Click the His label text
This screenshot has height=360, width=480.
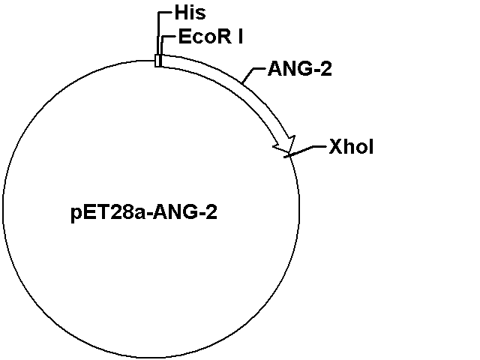(190, 13)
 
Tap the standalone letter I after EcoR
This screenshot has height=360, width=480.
(241, 37)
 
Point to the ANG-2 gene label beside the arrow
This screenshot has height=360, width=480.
(300, 68)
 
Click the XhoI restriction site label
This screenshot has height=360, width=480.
(351, 147)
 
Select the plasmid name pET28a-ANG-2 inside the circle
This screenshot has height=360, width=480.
(144, 212)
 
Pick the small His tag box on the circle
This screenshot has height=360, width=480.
(157, 61)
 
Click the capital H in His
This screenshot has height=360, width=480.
(181, 13)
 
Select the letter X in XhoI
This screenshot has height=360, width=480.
(336, 147)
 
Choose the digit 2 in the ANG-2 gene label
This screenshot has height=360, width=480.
(326, 68)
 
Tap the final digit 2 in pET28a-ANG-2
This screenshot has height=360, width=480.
(211, 211)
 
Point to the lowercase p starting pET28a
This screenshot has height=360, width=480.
(76, 214)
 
